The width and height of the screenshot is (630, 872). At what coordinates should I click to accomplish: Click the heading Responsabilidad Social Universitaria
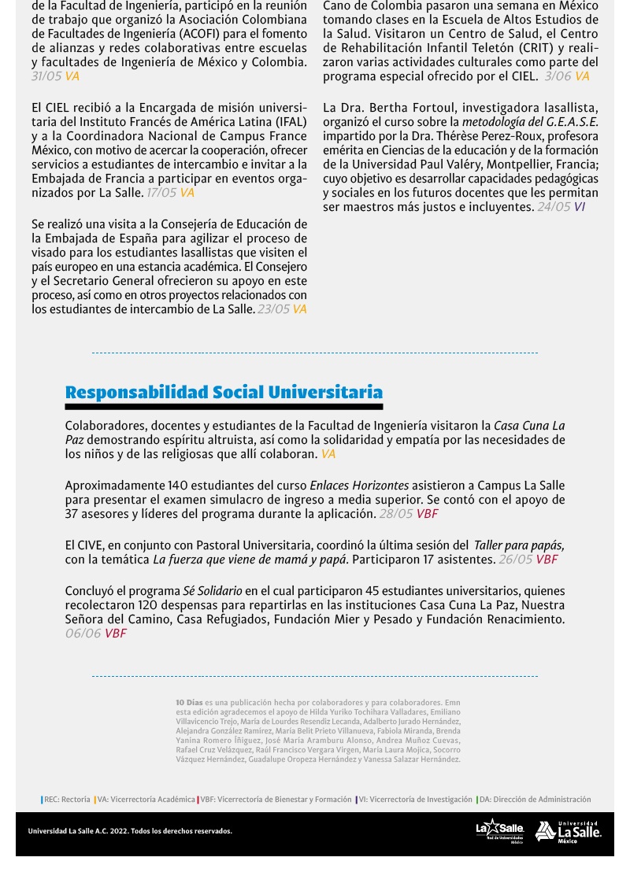coord(224,392)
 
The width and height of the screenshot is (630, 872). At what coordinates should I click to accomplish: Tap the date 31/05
coord(46,76)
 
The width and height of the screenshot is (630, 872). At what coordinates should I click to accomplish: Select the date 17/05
coord(161,193)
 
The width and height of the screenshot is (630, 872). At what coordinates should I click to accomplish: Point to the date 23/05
coord(273,309)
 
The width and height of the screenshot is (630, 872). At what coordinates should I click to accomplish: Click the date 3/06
coord(558,76)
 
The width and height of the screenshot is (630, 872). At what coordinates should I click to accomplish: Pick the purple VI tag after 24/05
coord(580,207)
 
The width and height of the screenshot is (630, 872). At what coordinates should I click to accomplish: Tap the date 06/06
coord(83,634)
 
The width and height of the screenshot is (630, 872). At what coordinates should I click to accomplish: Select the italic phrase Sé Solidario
coord(212,591)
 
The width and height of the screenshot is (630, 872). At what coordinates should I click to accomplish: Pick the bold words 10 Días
coord(189,702)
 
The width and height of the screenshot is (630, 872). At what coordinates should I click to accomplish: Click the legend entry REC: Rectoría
coord(67,800)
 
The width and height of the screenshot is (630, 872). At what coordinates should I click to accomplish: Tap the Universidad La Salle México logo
coord(568,832)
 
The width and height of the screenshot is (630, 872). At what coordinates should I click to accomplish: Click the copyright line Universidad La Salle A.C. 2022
coord(130,831)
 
